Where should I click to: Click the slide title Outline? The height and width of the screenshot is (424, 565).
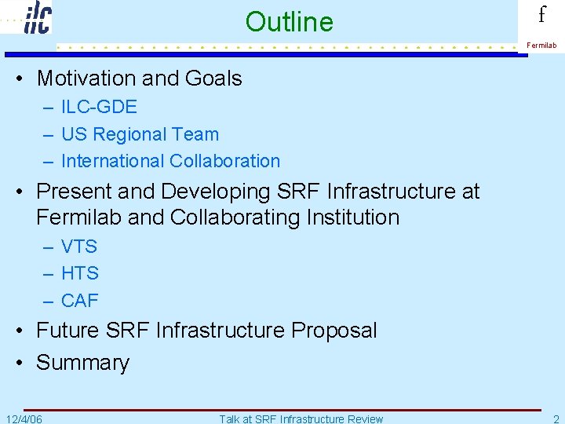(289, 22)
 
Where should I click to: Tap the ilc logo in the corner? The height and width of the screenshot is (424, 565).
(37, 17)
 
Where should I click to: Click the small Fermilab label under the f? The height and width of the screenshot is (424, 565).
(541, 46)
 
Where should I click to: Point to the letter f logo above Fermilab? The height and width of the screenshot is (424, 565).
(541, 16)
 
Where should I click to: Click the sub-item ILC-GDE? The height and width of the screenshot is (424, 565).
(99, 107)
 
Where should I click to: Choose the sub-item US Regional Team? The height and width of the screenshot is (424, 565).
(140, 134)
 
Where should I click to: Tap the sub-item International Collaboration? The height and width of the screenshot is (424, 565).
(170, 161)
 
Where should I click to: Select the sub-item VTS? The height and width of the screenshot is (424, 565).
(79, 247)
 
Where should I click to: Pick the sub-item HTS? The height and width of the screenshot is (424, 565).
(80, 273)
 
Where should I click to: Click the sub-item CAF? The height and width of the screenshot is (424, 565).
(80, 300)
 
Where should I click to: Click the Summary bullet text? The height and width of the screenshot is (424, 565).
(82, 363)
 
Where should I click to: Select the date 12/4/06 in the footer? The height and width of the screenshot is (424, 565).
(24, 419)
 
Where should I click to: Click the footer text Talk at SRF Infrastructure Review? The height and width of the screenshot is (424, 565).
(301, 419)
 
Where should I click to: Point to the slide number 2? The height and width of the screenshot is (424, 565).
(556, 419)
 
